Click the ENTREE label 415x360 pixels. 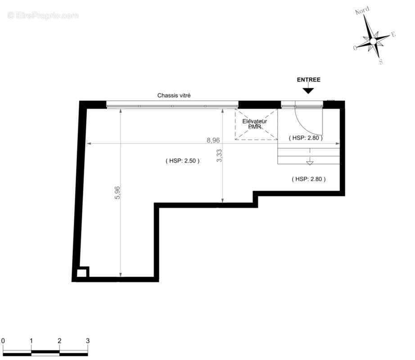309,80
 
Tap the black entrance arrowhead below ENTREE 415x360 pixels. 308,91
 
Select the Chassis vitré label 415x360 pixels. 174,95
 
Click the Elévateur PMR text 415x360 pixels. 255,124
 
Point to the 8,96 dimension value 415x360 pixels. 213,140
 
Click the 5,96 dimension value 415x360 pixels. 117,193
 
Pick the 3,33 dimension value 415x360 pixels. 219,156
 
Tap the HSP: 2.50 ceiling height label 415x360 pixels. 183,161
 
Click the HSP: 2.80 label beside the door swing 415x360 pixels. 306,138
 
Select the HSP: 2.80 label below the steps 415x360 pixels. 309,179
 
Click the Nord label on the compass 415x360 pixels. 362,11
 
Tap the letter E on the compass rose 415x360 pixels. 393,34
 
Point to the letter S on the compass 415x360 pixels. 381,62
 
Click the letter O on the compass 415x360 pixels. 355,48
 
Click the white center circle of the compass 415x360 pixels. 373,41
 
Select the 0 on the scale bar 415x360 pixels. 3,341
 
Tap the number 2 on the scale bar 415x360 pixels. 59,341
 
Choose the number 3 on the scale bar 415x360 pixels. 88,341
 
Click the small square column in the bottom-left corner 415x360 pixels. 81,273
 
